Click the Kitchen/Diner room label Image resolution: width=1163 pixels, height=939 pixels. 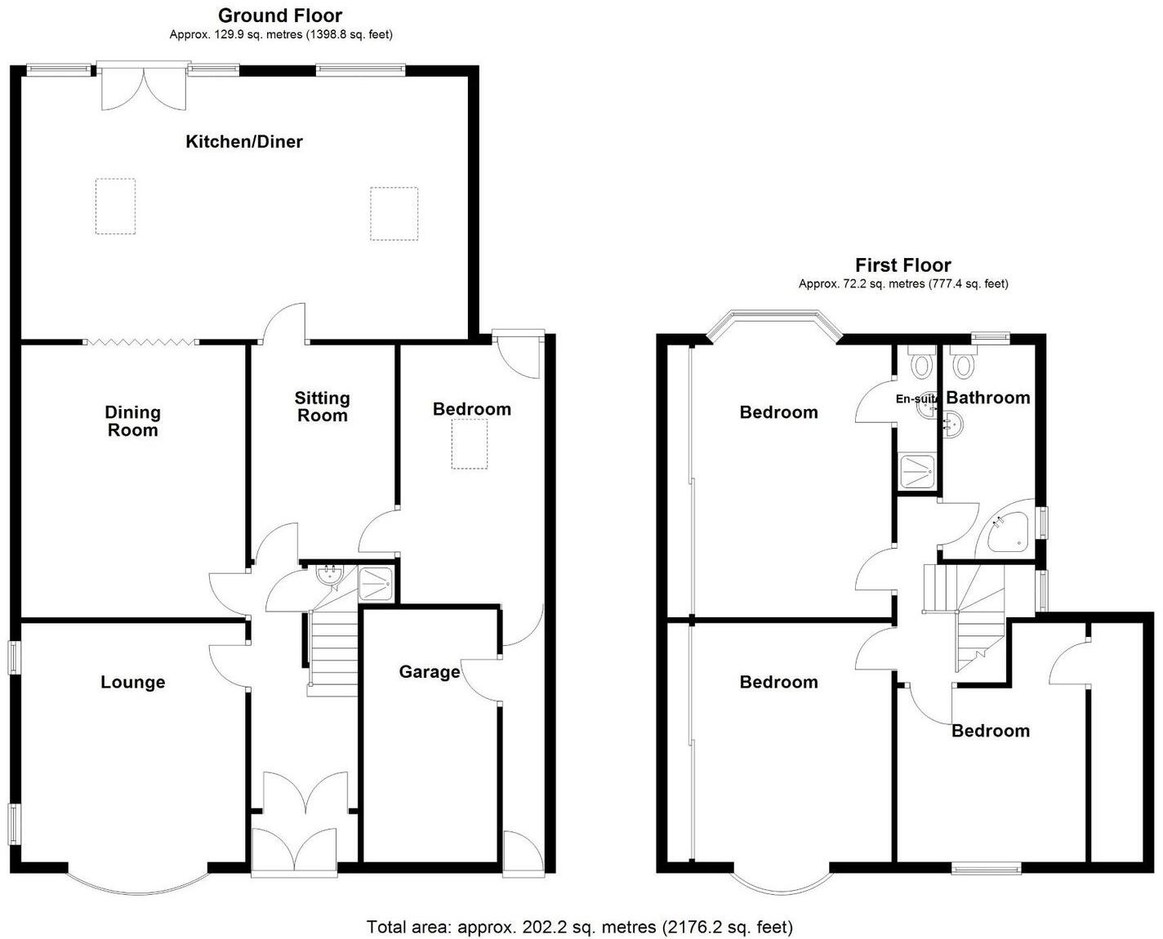coord(244,141)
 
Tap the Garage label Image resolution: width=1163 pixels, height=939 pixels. coord(429,671)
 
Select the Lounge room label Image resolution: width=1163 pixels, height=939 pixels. coord(132,682)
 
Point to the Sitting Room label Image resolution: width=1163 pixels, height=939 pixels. coord(322,407)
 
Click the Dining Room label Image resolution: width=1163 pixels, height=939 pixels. coord(132,421)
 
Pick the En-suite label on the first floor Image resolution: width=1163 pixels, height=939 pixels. coord(916,399)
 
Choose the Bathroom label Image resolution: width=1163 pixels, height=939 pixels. coord(988,398)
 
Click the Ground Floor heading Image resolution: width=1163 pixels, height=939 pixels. coord(280,15)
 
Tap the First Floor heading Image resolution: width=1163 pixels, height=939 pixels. coord(902,265)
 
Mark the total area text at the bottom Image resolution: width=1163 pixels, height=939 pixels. coord(580,927)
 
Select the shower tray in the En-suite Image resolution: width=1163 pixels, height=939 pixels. coord(916,471)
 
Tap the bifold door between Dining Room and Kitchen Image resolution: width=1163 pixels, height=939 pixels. coord(140,341)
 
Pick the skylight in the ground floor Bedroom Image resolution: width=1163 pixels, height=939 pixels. coord(470,443)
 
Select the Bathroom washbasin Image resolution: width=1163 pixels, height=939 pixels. coord(952,423)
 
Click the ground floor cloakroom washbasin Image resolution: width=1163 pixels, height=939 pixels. coord(330,574)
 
